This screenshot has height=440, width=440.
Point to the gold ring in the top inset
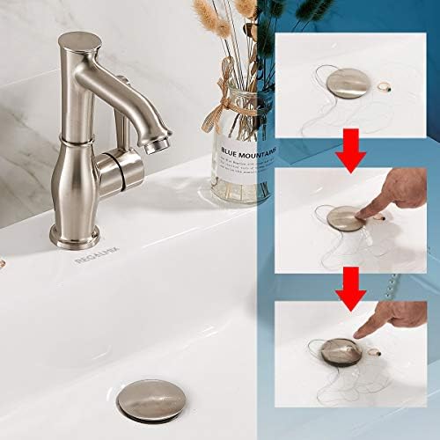coord(384,86)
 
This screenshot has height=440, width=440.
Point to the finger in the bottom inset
coord(387,322)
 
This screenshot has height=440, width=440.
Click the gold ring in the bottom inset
coord(381,348)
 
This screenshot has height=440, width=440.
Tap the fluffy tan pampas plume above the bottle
coord(211,22)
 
